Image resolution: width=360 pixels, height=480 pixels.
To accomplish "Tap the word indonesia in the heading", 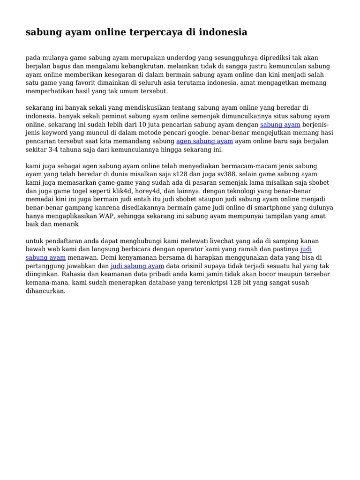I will point(223,32).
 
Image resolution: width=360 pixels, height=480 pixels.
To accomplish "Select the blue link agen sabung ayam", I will point(204,141).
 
